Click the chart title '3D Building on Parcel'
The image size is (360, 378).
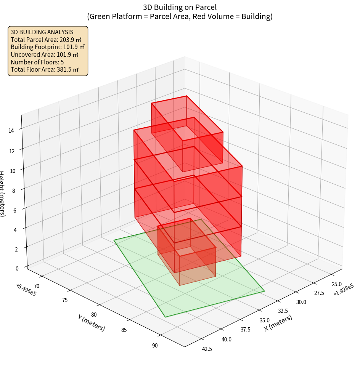pyautogui.click(x=180, y=7)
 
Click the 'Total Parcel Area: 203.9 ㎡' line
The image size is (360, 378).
pyautogui.click(x=46, y=39)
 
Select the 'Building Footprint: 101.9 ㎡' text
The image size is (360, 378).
pyautogui.click(x=48, y=47)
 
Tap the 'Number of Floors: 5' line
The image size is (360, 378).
pyautogui.click(x=37, y=62)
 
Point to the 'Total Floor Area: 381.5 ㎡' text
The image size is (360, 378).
pyautogui.click(x=45, y=70)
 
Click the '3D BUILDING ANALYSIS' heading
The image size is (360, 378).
pyautogui.click(x=42, y=32)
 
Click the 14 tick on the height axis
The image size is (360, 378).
pyautogui.click(x=11, y=131)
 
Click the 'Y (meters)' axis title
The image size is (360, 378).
pyautogui.click(x=91, y=323)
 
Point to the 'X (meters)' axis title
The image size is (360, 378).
pyautogui.click(x=278, y=323)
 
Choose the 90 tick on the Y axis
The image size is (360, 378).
pyautogui.click(x=154, y=346)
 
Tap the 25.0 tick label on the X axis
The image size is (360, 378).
pyautogui.click(x=337, y=284)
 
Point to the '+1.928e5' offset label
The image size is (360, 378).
pyautogui.click(x=343, y=292)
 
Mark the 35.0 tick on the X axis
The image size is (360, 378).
pyautogui.click(x=265, y=320)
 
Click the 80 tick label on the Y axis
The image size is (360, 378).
pyautogui.click(x=94, y=315)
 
